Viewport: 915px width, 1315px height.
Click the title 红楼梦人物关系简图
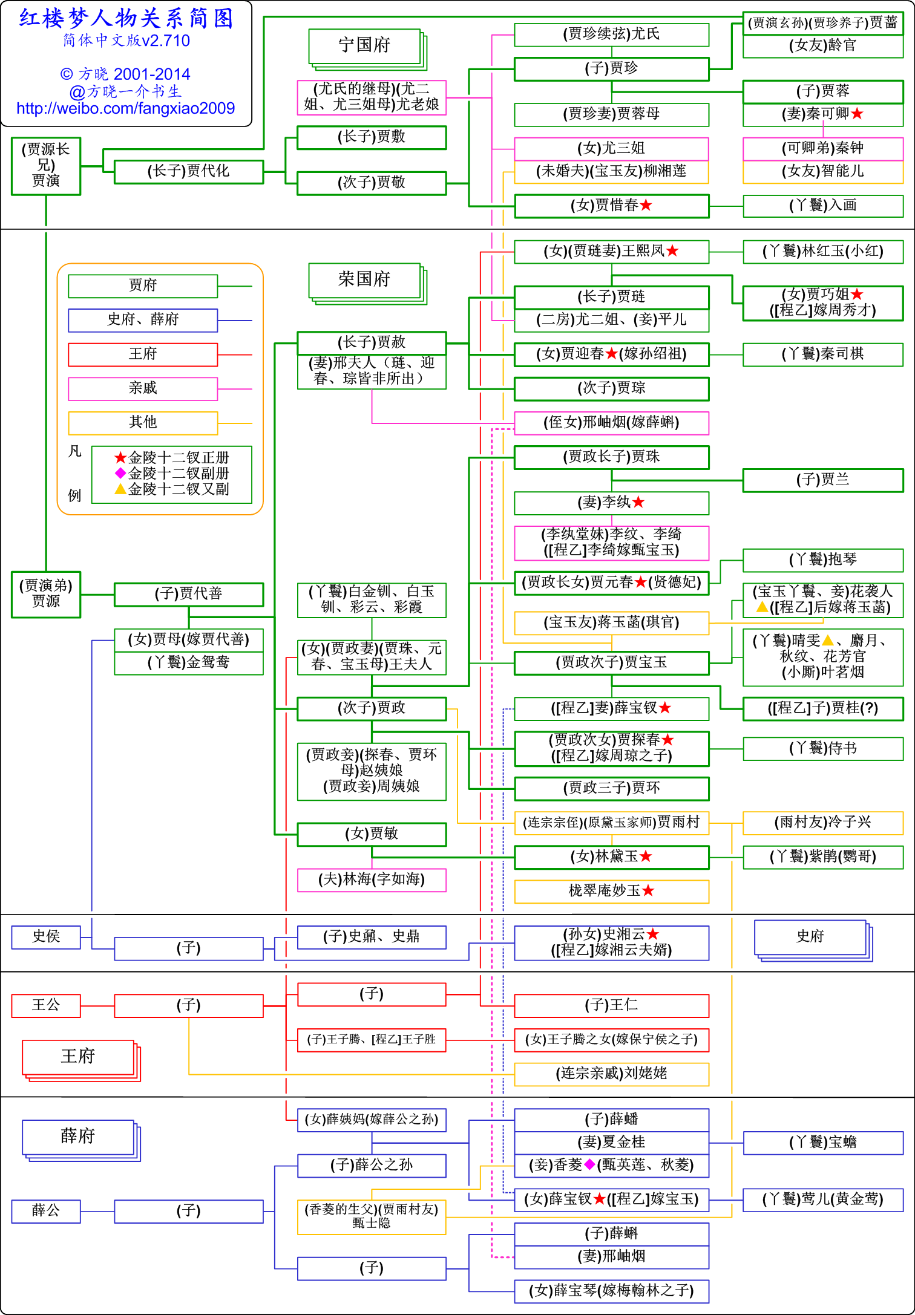126,19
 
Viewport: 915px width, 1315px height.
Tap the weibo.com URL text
125,108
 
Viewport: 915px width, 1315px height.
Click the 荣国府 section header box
364,280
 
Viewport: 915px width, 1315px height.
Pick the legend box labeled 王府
143,354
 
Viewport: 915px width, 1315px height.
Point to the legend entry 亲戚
143,388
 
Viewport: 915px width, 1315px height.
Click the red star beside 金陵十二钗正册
120,458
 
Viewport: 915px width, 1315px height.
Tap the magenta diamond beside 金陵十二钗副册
120,473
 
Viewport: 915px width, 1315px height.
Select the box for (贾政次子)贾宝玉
611,663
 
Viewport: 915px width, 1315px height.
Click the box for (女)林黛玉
611,857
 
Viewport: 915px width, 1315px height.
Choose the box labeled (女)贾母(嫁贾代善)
188,640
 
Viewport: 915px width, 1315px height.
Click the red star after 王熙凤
672,251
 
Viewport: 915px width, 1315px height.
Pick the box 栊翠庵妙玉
611,891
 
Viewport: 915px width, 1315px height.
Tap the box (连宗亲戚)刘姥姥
611,1074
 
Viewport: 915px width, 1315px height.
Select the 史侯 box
46,937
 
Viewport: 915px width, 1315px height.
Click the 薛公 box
46,1211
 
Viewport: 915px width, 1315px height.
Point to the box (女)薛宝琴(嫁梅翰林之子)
611,1291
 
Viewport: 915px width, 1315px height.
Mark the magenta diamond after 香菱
589,1164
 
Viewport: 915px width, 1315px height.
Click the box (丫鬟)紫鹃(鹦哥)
822,857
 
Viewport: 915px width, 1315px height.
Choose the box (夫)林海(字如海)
372,879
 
